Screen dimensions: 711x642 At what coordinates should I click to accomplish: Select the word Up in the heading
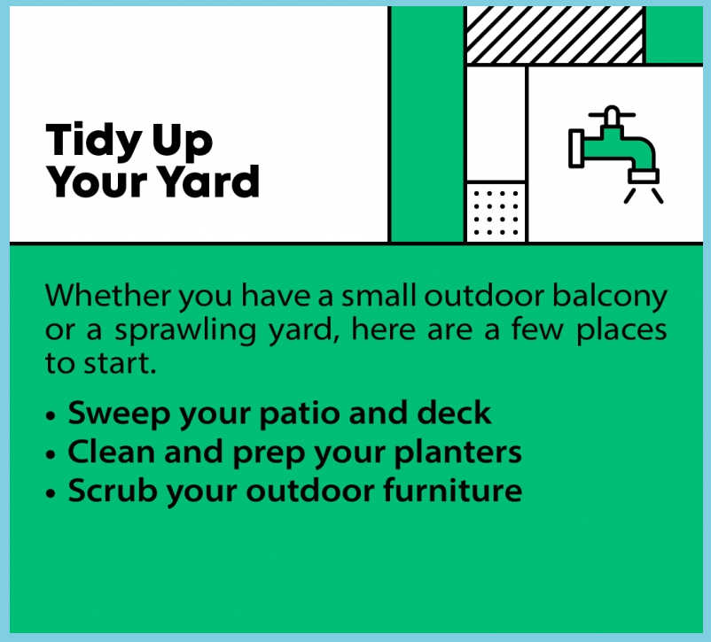click(183, 143)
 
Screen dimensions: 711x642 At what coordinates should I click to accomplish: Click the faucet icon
click(615, 154)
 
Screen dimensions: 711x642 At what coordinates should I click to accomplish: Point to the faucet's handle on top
click(612, 115)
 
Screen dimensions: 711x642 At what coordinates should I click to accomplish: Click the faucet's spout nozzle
click(644, 176)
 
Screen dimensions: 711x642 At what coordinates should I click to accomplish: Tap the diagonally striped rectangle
click(555, 35)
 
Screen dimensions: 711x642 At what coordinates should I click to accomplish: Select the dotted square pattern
click(496, 213)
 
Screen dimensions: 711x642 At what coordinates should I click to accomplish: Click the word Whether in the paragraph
click(108, 296)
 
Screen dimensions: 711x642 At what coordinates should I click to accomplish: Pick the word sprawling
click(185, 332)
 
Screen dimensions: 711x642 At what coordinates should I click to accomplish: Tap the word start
click(121, 364)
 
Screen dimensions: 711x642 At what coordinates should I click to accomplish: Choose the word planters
click(458, 453)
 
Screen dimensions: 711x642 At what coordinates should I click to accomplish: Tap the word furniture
click(452, 490)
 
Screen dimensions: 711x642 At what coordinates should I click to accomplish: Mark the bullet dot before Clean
click(51, 454)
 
